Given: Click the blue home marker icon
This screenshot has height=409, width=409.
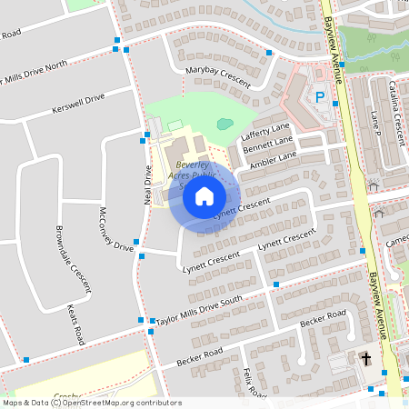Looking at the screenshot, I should pos(204,195).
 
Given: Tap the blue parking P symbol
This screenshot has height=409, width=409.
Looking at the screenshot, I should pos(319,95).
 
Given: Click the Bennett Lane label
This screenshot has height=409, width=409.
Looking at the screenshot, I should pos(268,146).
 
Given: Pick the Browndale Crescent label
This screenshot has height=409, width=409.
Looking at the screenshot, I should pos(73,258).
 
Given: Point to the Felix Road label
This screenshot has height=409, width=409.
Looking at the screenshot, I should pos(254,382).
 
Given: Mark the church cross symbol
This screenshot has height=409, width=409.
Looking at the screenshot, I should pos(366,360).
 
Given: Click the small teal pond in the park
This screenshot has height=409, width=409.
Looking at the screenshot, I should pos(224,124).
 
